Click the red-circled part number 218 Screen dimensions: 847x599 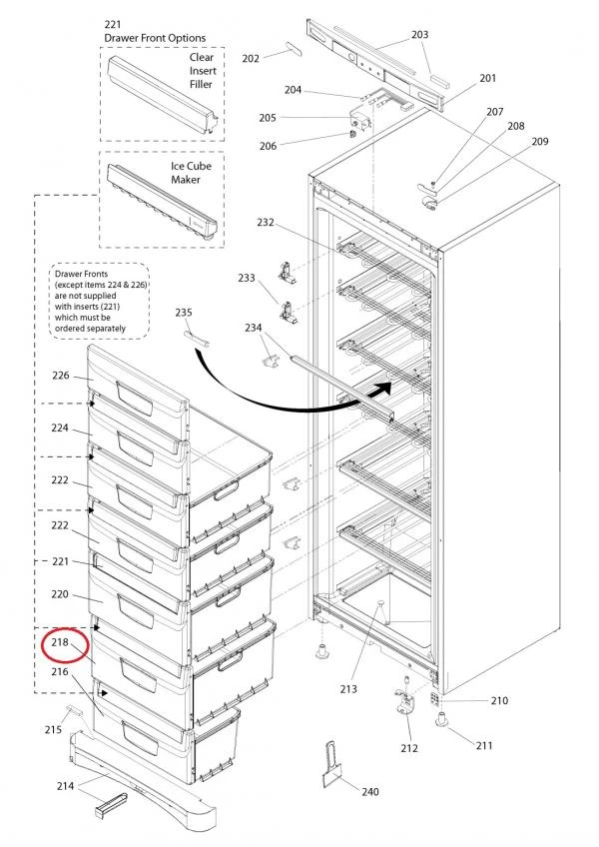(60, 642)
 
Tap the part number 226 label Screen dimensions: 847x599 (60, 377)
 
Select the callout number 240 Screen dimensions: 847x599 (369, 792)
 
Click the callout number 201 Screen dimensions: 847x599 (487, 78)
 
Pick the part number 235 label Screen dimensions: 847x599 (184, 313)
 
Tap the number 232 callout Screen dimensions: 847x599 (265, 222)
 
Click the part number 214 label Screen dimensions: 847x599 (65, 787)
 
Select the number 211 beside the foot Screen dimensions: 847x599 (483, 745)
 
